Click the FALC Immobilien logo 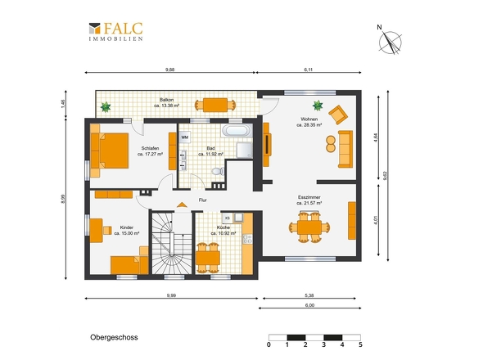(115, 31)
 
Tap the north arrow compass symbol (390, 42)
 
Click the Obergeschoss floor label (114, 337)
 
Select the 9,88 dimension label (169, 70)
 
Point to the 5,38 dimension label (309, 295)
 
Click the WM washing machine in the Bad (184, 137)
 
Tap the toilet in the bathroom (218, 171)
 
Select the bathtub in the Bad (237, 131)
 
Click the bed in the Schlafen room (110, 151)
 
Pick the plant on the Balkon (106, 107)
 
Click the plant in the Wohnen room (318, 106)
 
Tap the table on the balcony (215, 105)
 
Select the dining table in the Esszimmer (309, 227)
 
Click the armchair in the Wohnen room (338, 115)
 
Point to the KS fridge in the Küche (228, 218)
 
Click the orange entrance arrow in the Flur (182, 205)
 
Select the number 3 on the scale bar (323, 344)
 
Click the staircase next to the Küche (172, 243)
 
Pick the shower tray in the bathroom (244, 150)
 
